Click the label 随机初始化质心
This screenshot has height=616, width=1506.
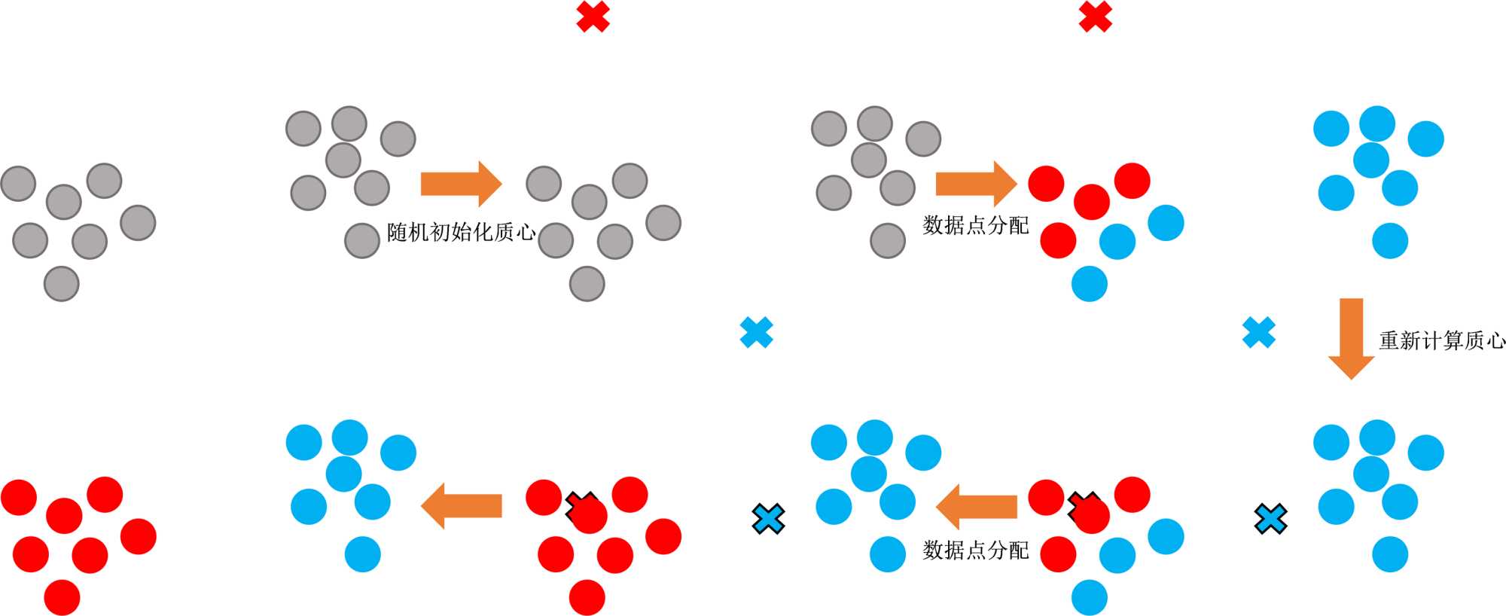coord(461,232)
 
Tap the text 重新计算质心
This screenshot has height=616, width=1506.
coord(1441,340)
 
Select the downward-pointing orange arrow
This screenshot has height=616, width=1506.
coord(1351,338)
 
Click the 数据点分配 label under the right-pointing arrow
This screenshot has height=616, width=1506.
coord(975,224)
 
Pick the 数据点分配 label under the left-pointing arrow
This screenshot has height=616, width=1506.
coord(975,550)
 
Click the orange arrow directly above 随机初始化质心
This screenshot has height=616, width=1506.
coord(461,183)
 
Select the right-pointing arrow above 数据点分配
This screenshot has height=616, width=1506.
coord(976,183)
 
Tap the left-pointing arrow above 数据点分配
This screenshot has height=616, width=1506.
coord(976,506)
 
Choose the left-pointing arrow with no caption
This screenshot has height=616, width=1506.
coord(461,506)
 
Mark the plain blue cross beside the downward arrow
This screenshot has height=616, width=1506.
coord(1258,332)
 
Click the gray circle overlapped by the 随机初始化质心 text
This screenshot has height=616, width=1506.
coord(361,240)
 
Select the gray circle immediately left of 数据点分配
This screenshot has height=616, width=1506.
coord(887,240)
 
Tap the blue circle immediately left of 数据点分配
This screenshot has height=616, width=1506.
coord(887,554)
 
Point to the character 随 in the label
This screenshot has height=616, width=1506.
coord(397,232)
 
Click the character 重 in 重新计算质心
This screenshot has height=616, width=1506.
coord(1389,340)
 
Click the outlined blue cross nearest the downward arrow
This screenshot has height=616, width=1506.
coord(1270,519)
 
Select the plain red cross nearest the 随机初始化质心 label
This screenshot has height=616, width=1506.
coord(593,17)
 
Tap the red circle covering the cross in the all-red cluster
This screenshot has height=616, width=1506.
coord(590,516)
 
